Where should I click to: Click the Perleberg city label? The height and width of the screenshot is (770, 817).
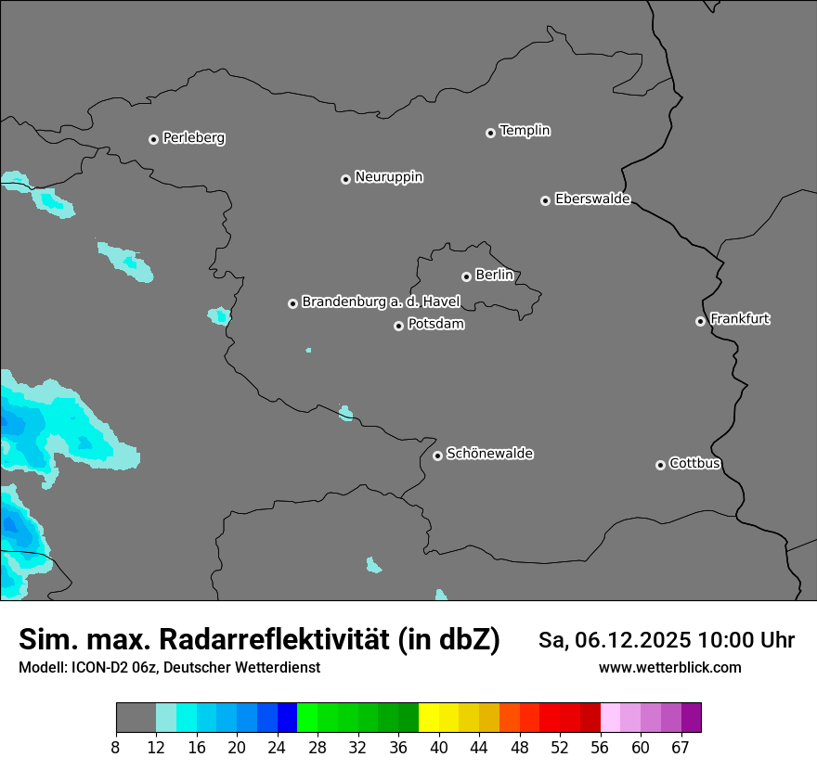pos(193,138)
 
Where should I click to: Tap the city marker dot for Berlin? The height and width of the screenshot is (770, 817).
pos(466,276)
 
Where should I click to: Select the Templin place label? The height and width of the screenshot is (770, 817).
pos(525,131)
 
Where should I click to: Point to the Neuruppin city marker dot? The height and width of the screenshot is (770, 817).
pos(345,179)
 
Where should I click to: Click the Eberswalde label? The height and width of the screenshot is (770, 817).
pos(592,199)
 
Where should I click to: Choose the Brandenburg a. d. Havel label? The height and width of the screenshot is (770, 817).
pos(381,302)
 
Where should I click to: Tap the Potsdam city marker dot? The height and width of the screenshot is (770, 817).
pos(398,326)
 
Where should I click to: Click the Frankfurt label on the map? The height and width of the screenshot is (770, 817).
pos(739,319)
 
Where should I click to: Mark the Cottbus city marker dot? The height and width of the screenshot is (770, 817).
pos(660,465)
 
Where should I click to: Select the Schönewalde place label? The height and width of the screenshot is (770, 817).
pos(489,454)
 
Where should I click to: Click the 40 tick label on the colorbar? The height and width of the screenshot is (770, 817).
pos(438,748)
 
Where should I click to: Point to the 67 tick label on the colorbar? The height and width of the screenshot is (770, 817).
pos(680,748)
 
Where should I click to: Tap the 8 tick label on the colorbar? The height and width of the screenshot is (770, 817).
pos(116,748)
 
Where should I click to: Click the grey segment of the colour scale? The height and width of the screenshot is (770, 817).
pos(136,718)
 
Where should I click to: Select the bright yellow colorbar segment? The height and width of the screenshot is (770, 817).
pos(428,718)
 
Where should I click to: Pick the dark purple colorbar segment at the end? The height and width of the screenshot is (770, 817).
pos(691,718)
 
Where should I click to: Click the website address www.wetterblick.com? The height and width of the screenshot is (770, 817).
pos(669,668)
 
